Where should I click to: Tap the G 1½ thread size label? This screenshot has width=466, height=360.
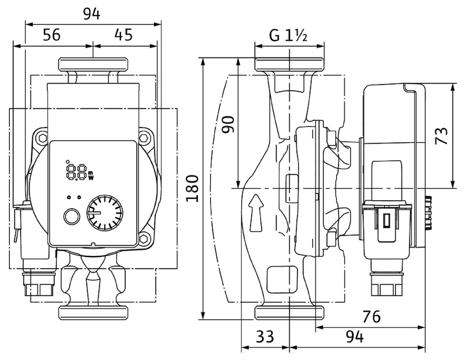tap(288, 36)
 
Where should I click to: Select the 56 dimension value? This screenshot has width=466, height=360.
tap(52, 35)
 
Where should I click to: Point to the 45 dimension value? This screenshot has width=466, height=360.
tap(123, 35)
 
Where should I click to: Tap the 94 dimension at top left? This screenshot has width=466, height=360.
tap(92, 14)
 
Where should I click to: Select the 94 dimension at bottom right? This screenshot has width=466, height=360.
tap(355, 337)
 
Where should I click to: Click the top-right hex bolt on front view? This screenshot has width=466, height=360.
tap(144, 138)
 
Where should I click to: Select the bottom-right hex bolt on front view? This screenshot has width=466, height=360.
tap(144, 238)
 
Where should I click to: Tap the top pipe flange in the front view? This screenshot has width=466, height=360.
tap(93, 64)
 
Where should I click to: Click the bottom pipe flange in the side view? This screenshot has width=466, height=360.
tap(289, 312)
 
